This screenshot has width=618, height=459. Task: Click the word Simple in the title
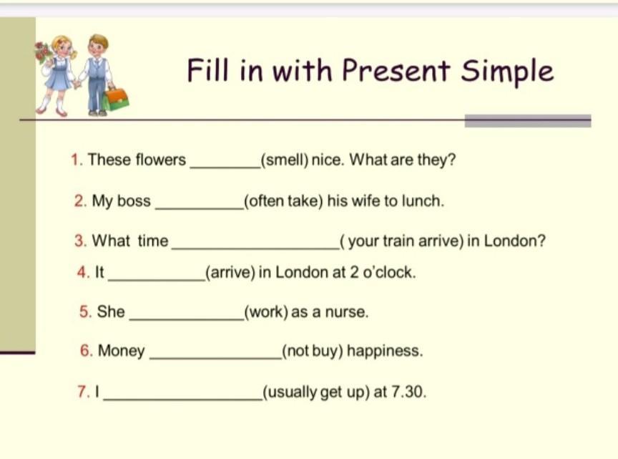(507, 71)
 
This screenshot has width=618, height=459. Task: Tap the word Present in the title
(396, 70)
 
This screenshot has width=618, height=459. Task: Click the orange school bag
(117, 99)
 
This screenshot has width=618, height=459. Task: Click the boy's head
(97, 45)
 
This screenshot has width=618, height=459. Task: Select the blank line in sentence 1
(225, 168)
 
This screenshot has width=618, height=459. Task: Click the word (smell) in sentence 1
(284, 160)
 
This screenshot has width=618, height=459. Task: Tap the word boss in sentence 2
(134, 201)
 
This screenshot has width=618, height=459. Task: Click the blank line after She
(187, 319)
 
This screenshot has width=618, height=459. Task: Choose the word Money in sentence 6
(121, 351)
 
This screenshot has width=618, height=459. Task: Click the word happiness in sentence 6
(385, 351)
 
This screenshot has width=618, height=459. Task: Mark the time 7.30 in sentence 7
(408, 392)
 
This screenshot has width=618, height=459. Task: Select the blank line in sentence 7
(183, 400)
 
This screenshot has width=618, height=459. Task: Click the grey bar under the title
(528, 121)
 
